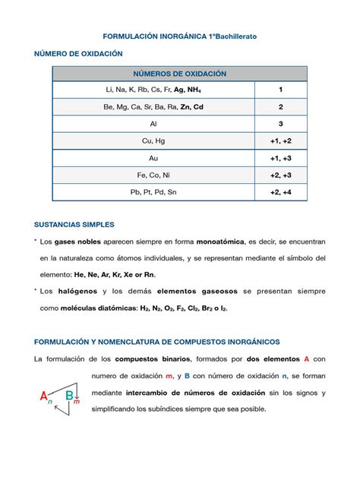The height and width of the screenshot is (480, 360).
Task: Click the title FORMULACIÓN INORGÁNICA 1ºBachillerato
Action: point(180,36)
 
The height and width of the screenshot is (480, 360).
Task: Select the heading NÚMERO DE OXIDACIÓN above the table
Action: point(78,55)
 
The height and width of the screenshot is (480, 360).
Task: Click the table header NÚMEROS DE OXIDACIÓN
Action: point(180,74)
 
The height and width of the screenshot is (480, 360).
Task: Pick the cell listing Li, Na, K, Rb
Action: point(153,90)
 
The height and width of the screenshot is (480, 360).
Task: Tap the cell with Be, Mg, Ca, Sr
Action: point(153,107)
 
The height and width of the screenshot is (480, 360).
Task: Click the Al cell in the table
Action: point(153,124)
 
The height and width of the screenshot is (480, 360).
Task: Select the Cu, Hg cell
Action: point(153,141)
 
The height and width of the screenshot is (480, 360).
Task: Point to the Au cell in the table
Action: point(153,158)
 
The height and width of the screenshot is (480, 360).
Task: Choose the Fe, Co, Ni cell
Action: point(153,175)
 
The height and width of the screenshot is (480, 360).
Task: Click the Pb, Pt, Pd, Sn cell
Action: point(153,192)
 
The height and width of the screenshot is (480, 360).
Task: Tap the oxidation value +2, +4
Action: point(280,192)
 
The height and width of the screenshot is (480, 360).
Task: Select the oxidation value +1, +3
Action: point(280,158)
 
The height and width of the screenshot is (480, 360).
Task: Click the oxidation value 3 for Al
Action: point(280,124)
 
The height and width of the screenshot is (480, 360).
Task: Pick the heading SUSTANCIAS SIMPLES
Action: point(74,225)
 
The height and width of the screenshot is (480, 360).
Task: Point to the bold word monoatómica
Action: point(220,242)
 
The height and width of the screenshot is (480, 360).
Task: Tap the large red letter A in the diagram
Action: point(44,396)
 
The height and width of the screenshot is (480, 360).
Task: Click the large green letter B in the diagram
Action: point(69,395)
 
